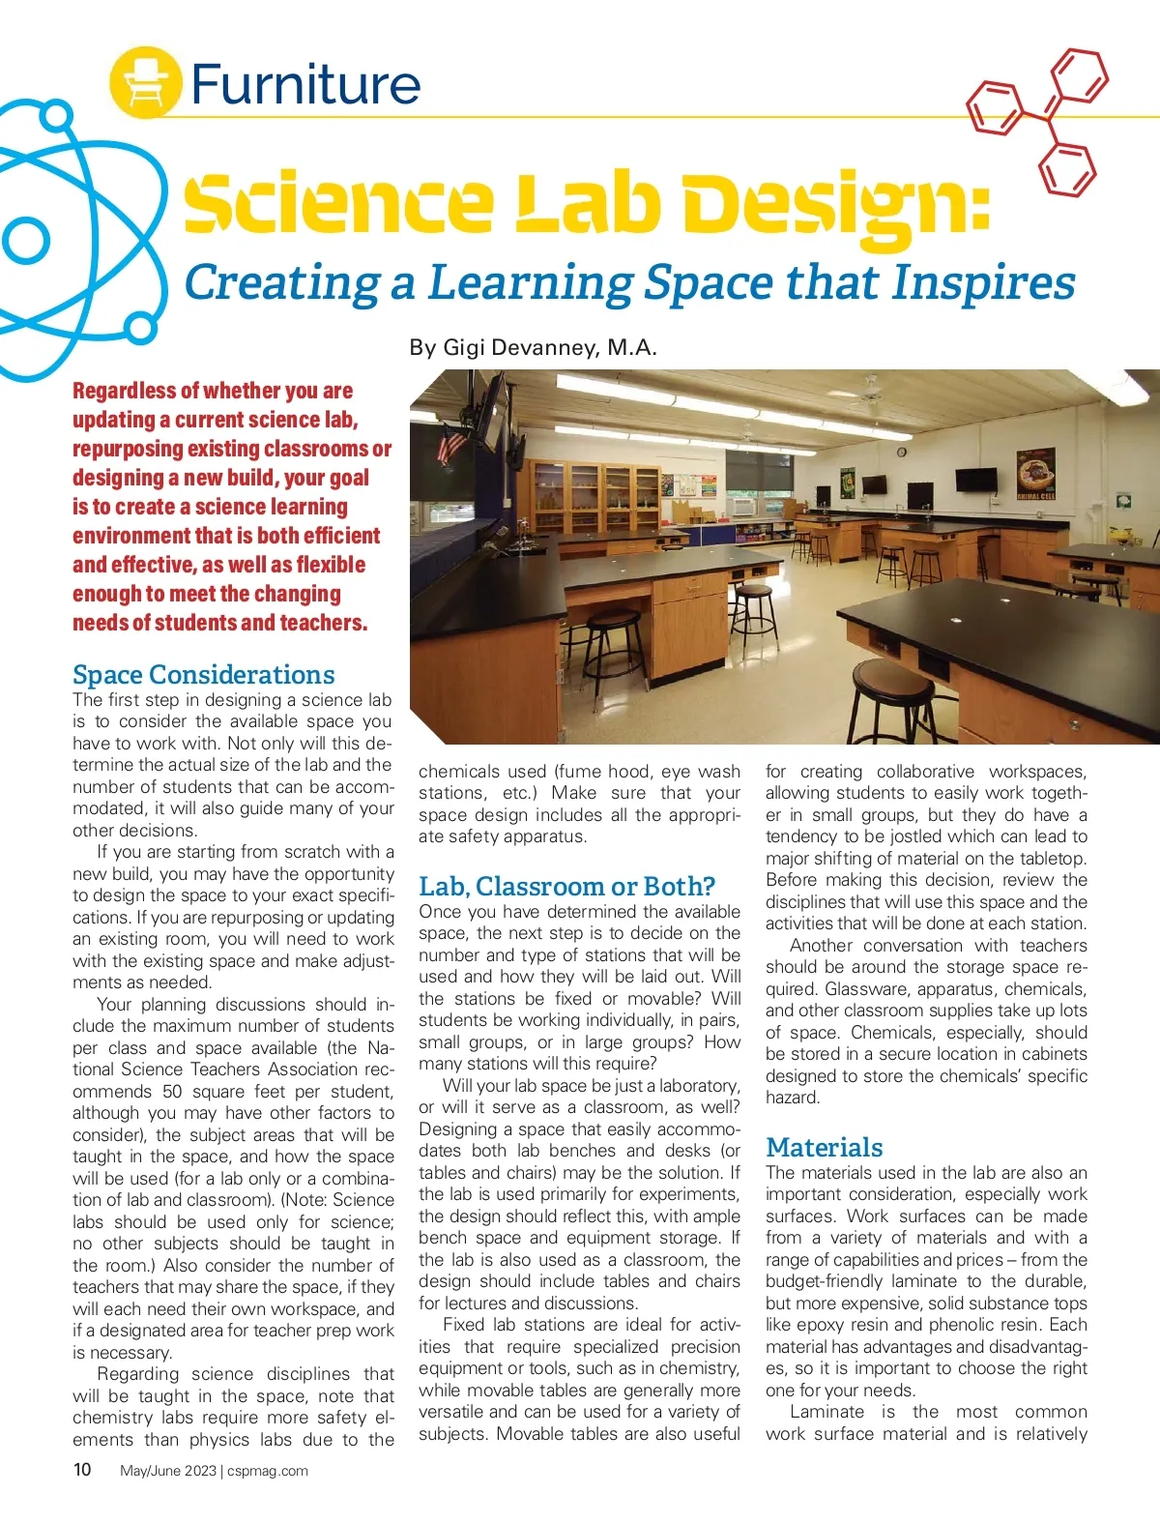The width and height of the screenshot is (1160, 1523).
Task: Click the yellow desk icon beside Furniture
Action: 145,81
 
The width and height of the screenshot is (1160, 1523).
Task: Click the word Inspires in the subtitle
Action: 983,283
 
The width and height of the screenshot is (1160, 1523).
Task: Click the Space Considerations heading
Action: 203,674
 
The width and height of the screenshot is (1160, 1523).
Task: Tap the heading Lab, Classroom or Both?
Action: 566,886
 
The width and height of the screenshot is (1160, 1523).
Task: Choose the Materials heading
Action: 824,1147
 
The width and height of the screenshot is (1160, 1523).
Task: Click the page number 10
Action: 82,1470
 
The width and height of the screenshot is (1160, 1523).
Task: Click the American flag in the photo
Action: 450,447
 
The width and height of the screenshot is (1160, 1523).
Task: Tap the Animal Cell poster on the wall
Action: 1036,473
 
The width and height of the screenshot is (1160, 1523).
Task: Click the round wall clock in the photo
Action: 901,452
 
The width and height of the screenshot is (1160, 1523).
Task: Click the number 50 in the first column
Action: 172,1091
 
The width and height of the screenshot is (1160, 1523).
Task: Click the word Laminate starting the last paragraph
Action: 826,1412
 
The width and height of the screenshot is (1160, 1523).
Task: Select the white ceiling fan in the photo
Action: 870,392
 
